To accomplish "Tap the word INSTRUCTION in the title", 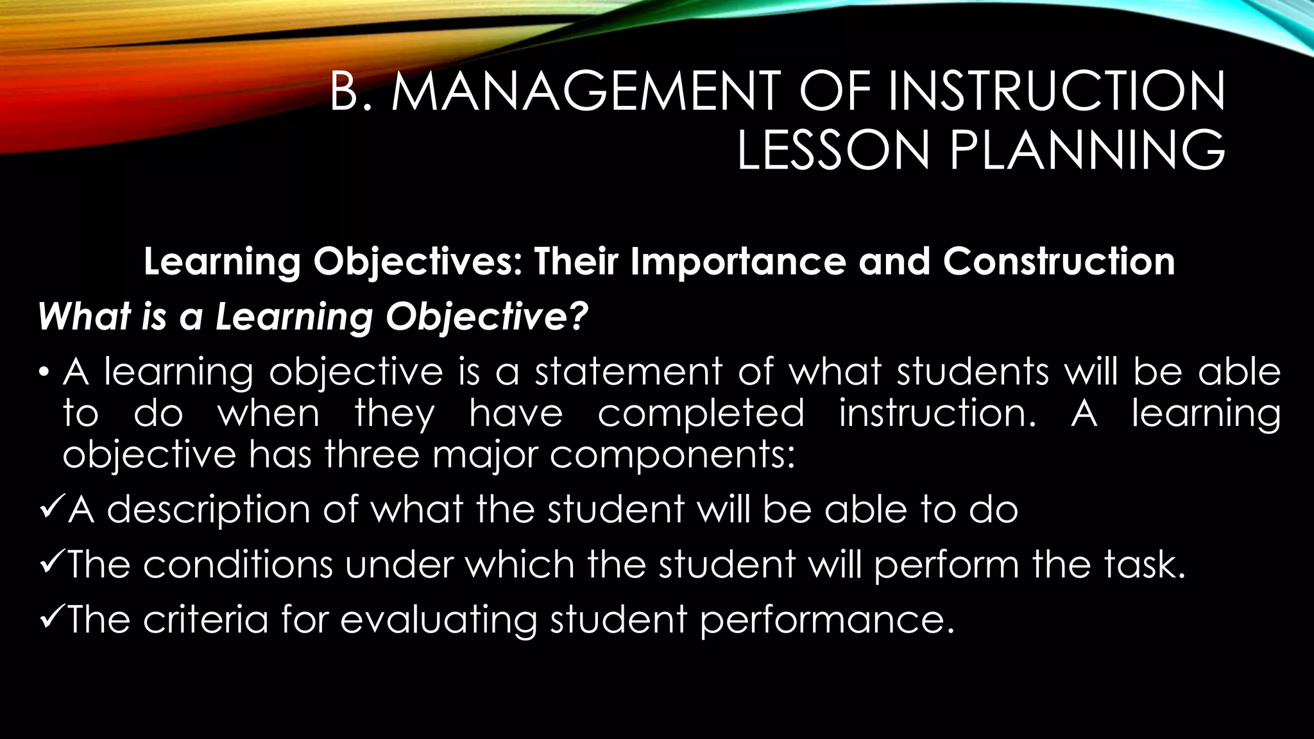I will coord(1057,92).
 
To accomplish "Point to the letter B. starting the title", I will coord(351,92).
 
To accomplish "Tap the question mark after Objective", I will coord(577,316).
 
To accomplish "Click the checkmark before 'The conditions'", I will coord(51,565).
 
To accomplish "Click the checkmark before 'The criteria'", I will coord(51,620).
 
